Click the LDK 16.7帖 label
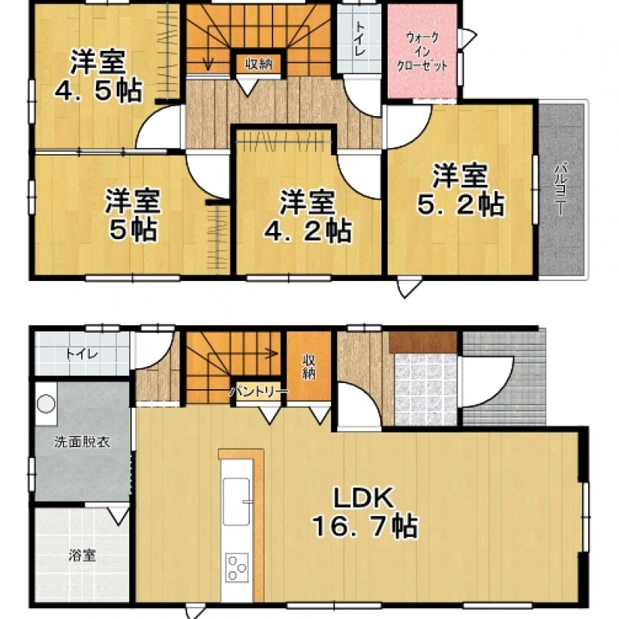tap(365, 512)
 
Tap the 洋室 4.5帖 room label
tap(98, 76)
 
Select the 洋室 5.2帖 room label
tap(460, 190)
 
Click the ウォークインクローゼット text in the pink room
tap(422, 52)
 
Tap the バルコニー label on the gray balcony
tap(559, 189)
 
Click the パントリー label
tap(259, 392)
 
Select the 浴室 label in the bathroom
tap(82, 556)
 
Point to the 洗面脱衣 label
tap(82, 442)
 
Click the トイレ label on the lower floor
tap(82, 354)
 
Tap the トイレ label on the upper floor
tap(360, 39)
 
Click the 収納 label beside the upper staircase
tap(259, 63)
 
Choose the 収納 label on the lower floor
tap(309, 367)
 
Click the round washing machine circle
tap(46, 404)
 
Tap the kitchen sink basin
tap(237, 501)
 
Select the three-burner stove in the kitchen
tap(237, 567)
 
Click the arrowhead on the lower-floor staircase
tap(273, 353)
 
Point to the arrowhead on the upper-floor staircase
tap(208, 63)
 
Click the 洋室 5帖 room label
tap(132, 214)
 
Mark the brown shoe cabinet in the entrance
tap(423, 342)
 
